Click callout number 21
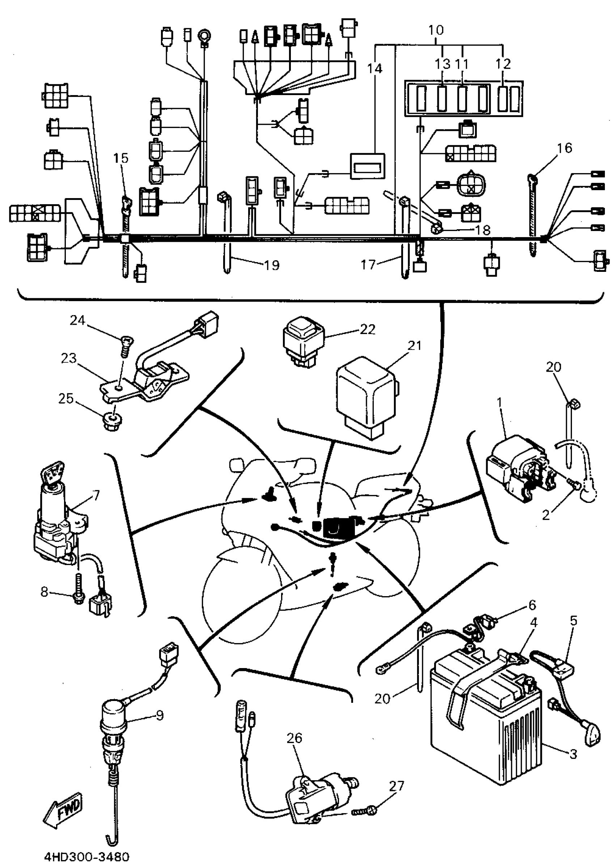pos(415,346)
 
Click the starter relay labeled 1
pos(519,469)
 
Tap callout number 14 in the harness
pos(374,68)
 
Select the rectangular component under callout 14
pos(367,166)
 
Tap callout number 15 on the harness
pos(121,158)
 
